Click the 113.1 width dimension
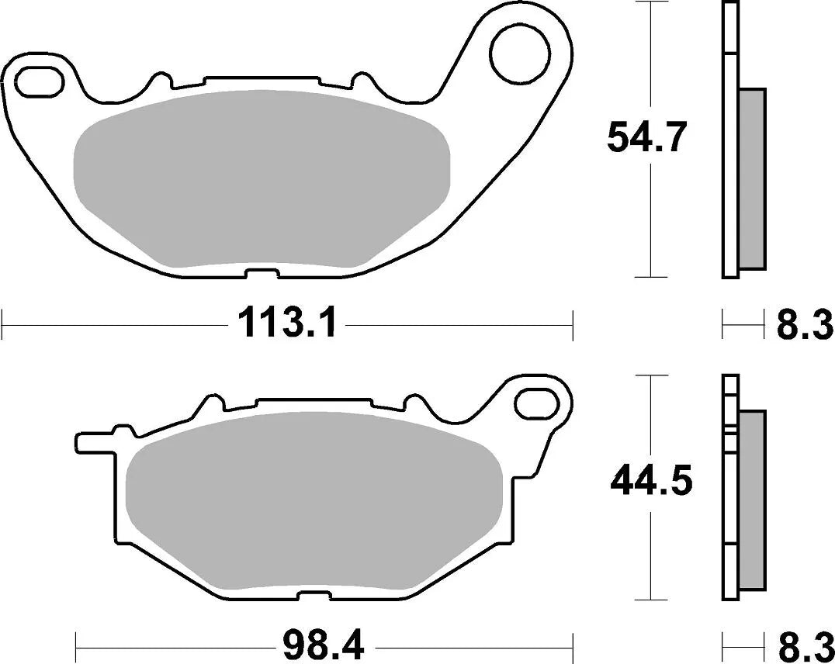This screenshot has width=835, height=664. (x=287, y=323)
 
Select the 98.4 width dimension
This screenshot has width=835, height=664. (x=324, y=644)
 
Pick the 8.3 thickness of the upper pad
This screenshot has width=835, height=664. (x=805, y=324)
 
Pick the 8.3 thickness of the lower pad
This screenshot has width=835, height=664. (x=805, y=644)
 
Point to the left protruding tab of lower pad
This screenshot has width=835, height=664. (x=93, y=443)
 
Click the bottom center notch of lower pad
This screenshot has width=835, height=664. (x=310, y=595)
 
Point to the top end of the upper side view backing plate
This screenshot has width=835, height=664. (x=729, y=6)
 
